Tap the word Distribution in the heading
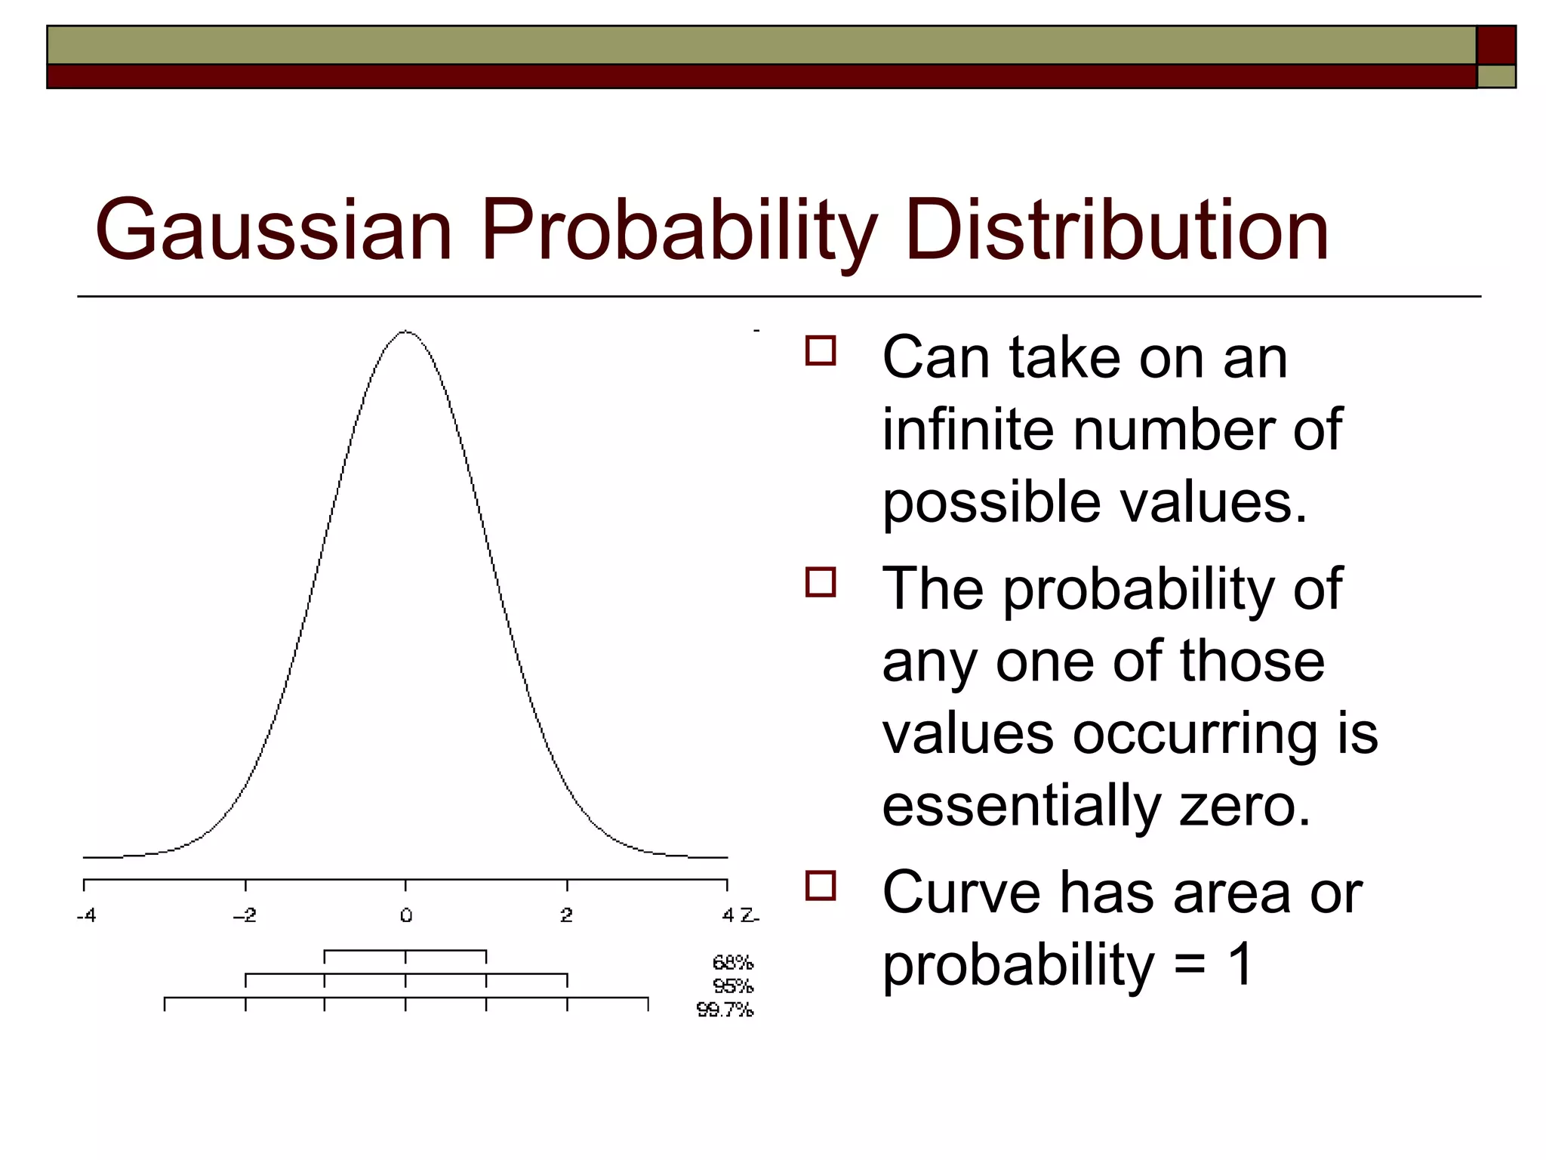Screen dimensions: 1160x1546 pyautogui.click(x=1116, y=230)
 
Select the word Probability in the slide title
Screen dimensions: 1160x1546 pyautogui.click(x=679, y=230)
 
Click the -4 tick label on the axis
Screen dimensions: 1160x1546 pyautogui.click(x=87, y=916)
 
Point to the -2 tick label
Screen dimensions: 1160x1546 pyautogui.click(x=245, y=916)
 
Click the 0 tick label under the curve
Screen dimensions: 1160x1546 pyautogui.click(x=406, y=916)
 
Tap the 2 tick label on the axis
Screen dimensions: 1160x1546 pyautogui.click(x=567, y=916)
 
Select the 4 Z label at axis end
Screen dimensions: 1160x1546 pyautogui.click(x=739, y=916)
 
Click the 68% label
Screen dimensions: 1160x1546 pyautogui.click(x=733, y=963)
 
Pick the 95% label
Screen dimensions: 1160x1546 pyautogui.click(x=733, y=986)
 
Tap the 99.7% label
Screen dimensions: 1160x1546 pyautogui.click(x=725, y=1010)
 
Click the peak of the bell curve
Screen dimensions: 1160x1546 pyautogui.click(x=406, y=331)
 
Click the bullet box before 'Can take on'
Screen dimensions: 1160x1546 pyautogui.click(x=821, y=351)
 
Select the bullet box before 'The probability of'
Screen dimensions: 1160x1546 pyautogui.click(x=821, y=582)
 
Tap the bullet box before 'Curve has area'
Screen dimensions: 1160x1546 pyautogui.click(x=821, y=886)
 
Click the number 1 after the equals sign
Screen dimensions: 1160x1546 pyautogui.click(x=1240, y=965)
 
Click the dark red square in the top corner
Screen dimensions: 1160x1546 pyautogui.click(x=1496, y=45)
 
